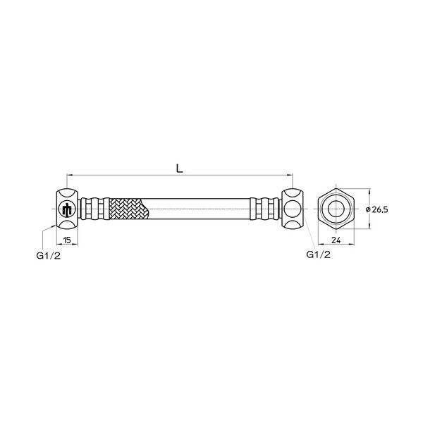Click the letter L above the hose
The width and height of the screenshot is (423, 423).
pyautogui.click(x=180, y=168)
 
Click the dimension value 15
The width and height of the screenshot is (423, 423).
pyautogui.click(x=67, y=240)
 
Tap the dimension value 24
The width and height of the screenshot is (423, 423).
pyautogui.click(x=336, y=240)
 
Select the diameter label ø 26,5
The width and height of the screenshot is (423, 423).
pyautogui.click(x=377, y=209)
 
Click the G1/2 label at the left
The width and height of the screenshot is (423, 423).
pyautogui.click(x=49, y=255)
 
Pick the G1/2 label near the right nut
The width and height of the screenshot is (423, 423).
pyautogui.click(x=319, y=255)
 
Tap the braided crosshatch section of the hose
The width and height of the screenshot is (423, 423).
pyautogui.click(x=127, y=209)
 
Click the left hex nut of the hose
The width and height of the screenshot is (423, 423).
pyautogui.click(x=67, y=209)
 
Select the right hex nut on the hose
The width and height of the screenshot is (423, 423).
pyautogui.click(x=293, y=209)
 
